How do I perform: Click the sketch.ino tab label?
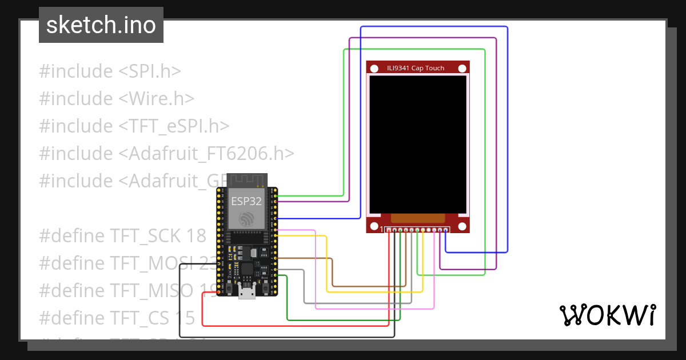[101, 25]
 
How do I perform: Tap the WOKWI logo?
[607, 315]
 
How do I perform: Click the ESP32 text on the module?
[246, 201]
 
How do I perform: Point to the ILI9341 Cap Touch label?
[415, 68]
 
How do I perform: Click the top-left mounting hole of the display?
[374, 69]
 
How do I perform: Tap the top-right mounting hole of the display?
[462, 69]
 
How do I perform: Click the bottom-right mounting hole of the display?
[462, 225]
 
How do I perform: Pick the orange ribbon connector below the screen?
[417, 218]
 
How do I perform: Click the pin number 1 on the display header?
[381, 230]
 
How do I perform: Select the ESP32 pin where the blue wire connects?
[276, 218]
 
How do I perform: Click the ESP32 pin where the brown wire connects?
[276, 258]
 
